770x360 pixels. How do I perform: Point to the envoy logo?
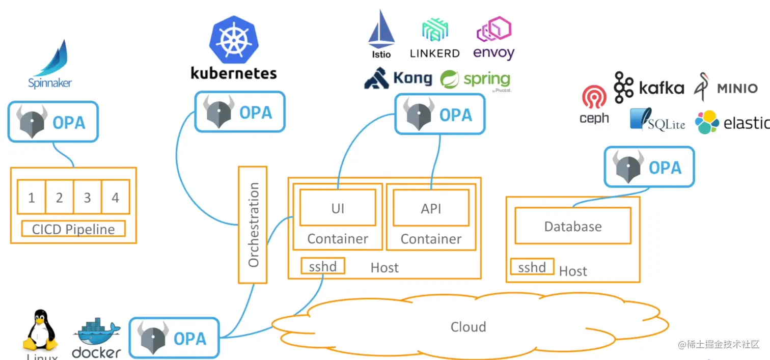(x=493, y=31)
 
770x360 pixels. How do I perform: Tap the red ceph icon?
(x=594, y=97)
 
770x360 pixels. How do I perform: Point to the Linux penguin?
(x=40, y=331)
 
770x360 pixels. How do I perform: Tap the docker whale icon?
(x=97, y=334)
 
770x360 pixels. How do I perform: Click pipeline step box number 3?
(x=87, y=197)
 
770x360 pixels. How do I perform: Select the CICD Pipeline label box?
(x=73, y=229)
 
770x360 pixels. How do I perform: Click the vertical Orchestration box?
(x=253, y=225)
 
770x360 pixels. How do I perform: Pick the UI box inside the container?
(x=338, y=208)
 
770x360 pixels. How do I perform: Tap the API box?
(x=431, y=208)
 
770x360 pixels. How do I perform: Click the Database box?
(x=573, y=226)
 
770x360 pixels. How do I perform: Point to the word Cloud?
(x=468, y=326)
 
